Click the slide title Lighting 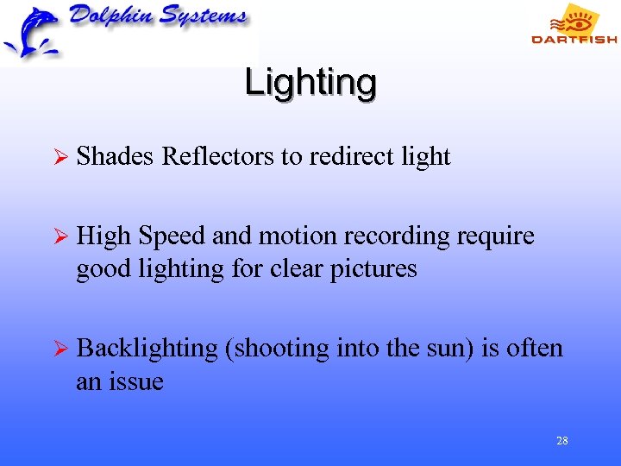click(310, 83)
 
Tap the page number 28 click(561, 441)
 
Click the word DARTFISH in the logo click(574, 39)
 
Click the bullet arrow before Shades click(59, 157)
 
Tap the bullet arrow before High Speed click(59, 236)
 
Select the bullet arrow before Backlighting click(59, 349)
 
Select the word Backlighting click(147, 348)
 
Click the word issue click(138, 381)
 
